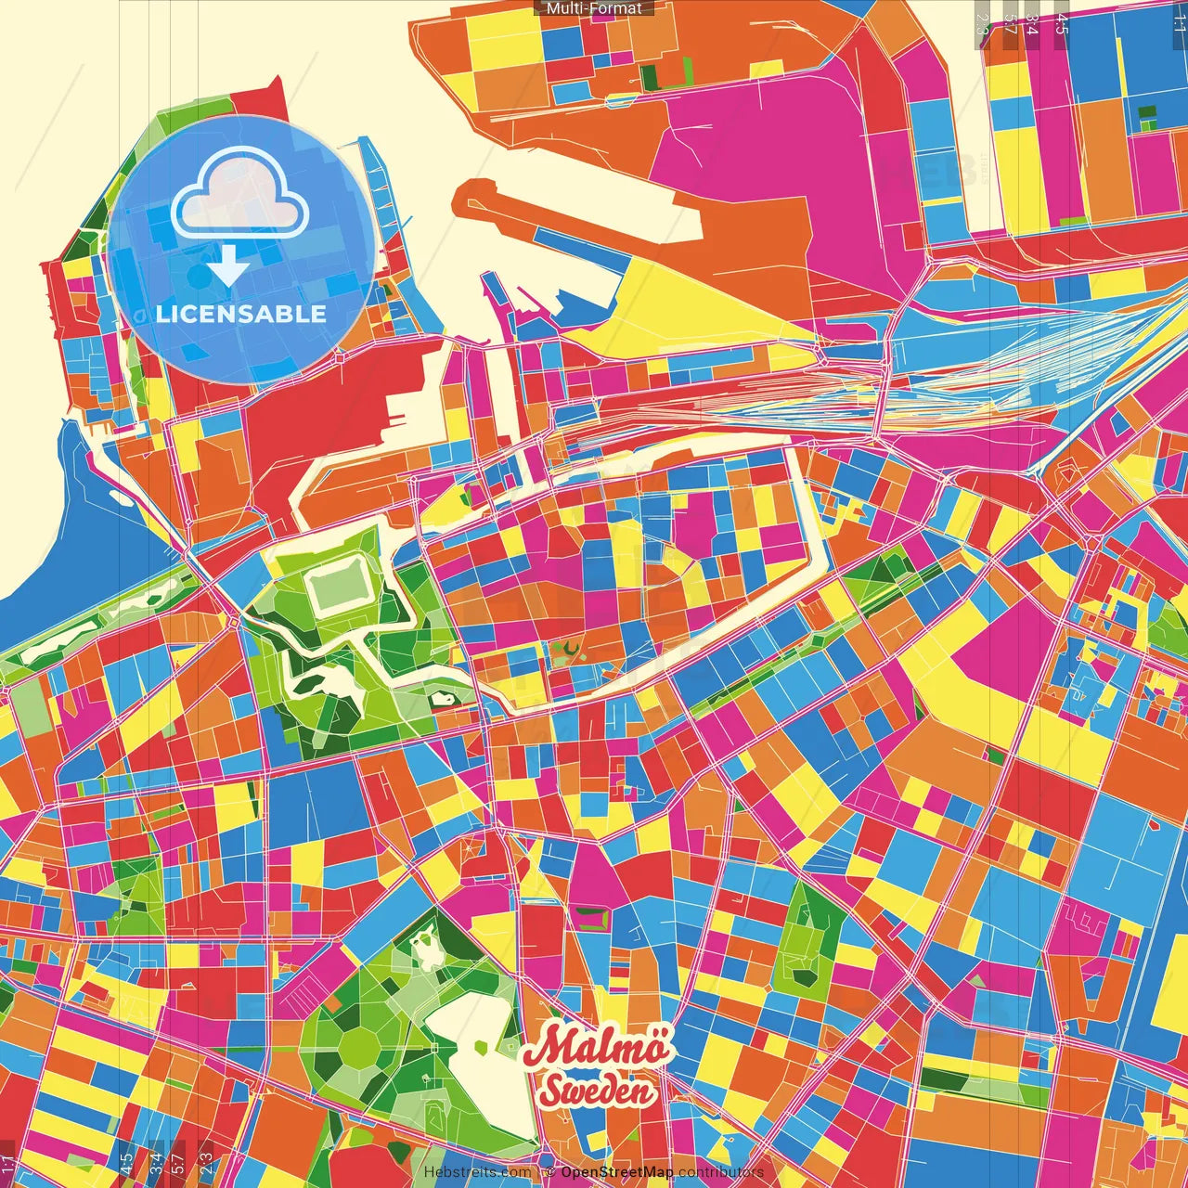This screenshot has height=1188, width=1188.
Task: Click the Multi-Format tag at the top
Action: [x=594, y=8]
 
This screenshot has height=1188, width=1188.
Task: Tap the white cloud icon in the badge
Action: [x=240, y=197]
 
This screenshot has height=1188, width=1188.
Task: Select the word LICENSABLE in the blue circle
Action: [x=241, y=314]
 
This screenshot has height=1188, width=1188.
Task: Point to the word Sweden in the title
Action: [x=597, y=1091]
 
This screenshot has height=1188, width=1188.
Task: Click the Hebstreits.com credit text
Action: [x=477, y=1172]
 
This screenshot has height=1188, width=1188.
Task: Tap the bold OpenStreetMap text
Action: [x=616, y=1172]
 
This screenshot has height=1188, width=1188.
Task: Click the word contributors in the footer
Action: [x=721, y=1172]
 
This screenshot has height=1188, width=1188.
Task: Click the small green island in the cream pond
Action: [x=481, y=1047]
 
